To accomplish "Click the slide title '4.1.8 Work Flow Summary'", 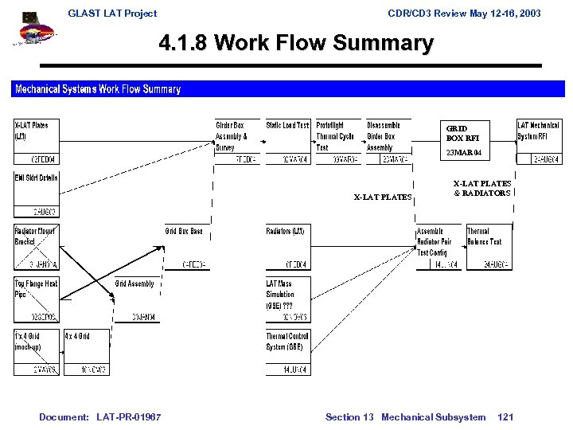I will point(296,43).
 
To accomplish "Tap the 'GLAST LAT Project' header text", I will point(112,14).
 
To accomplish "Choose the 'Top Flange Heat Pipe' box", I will point(36,300).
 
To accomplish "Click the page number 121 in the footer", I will point(505,417).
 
